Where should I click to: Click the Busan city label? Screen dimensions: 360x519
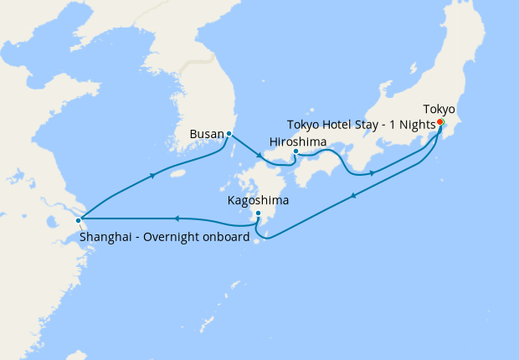[x=208, y=133]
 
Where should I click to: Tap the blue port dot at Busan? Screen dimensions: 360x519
[x=229, y=133]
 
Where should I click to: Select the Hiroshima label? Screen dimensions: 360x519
[x=298, y=141]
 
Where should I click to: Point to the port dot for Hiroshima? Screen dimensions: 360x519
[x=295, y=152]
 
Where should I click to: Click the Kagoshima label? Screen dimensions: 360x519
[x=259, y=201]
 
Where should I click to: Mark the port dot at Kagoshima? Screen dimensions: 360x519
[x=259, y=213]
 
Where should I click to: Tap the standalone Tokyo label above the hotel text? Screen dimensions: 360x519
[x=439, y=109]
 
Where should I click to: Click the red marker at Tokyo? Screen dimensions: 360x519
[x=440, y=122]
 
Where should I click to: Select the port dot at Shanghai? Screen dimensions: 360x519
[x=78, y=220]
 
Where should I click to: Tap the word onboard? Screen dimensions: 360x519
[x=227, y=237]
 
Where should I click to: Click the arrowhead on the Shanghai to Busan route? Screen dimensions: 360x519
[x=153, y=175]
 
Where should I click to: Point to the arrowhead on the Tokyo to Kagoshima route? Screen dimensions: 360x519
[x=355, y=197]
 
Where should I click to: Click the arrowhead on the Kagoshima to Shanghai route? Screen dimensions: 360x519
[x=177, y=219]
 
